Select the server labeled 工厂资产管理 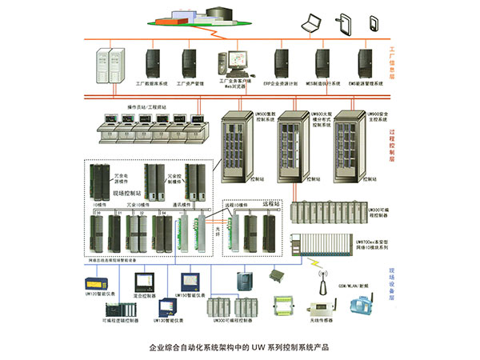click(190, 60)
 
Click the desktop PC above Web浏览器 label click(234, 61)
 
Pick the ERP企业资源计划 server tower click(281, 60)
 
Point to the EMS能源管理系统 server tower click(366, 60)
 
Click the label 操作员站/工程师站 click(146, 106)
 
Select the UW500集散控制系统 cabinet click(237, 148)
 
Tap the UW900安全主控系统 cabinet click(349, 148)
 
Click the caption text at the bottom click(239, 348)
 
